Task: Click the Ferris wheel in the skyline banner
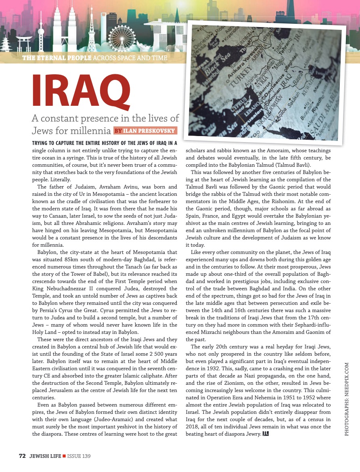tap(121, 38)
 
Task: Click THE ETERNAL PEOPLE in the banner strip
tap(57, 58)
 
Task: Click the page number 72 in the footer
tap(22, 456)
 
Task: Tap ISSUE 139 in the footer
tap(79, 456)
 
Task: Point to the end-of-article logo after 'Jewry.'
tap(266, 434)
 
